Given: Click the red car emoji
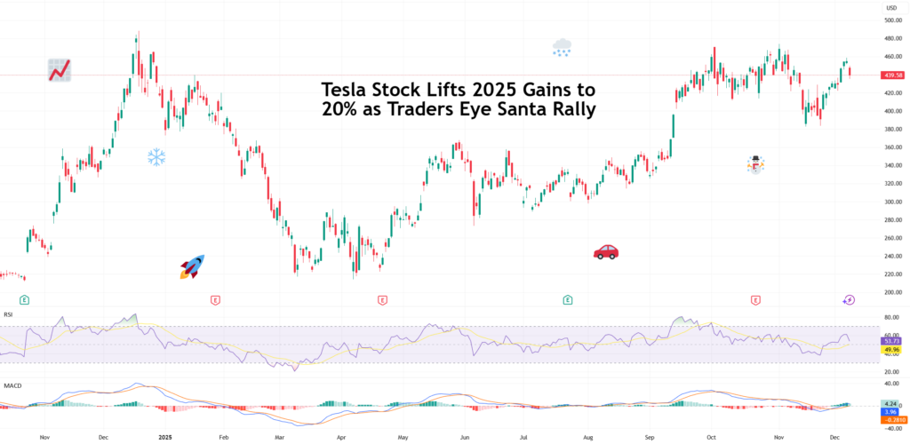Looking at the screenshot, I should tap(605, 252).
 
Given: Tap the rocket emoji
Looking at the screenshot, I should tap(192, 266).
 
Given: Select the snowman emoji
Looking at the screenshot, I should tap(755, 164).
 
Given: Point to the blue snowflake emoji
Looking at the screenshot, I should tap(156, 158).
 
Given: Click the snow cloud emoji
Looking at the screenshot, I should tap(562, 47).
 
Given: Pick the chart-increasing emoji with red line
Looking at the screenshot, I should tap(60, 70).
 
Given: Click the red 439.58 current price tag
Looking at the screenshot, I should tap(892, 75).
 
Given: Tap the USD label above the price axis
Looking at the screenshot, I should tap(890, 7).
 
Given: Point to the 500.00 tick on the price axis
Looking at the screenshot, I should tap(892, 20).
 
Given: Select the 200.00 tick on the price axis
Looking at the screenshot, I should tap(892, 292).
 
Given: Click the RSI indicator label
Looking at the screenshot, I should tap(9, 313).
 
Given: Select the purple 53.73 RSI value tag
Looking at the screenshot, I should tap(892, 341).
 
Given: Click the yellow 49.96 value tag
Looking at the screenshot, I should tap(892, 350).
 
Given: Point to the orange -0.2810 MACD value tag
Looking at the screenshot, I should tap(892, 420).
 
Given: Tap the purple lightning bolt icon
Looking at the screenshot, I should tap(849, 300).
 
